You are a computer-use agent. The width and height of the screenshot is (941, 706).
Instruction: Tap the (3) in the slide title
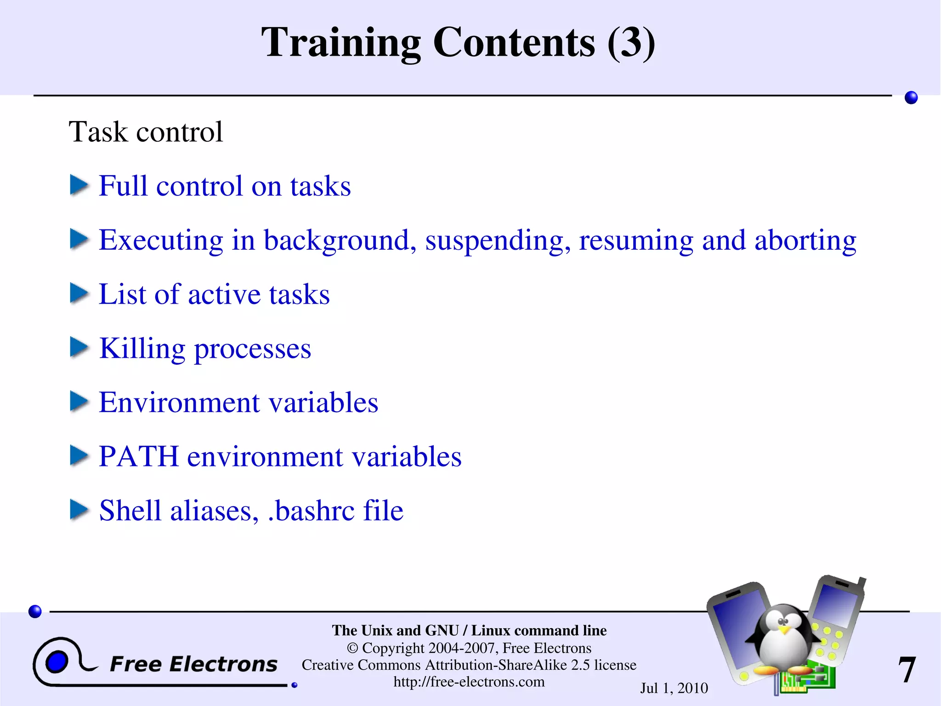tap(631, 43)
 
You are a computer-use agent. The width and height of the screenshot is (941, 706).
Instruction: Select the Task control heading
tap(146, 132)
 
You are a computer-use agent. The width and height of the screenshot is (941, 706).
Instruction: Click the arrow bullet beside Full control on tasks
tap(79, 185)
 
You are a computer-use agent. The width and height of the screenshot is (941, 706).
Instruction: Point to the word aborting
tap(805, 240)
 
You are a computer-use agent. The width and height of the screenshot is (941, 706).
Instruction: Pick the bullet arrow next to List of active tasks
tap(79, 293)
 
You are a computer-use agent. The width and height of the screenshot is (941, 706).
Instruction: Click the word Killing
tap(142, 349)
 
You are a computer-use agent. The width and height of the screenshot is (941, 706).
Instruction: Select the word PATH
tap(138, 457)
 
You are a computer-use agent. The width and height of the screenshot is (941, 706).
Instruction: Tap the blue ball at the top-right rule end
tap(911, 98)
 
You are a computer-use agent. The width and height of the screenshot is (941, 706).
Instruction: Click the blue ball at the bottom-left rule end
tap(35, 611)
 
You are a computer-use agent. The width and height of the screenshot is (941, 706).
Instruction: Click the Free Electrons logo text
tap(193, 664)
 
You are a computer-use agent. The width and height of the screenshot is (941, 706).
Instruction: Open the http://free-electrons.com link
tap(469, 682)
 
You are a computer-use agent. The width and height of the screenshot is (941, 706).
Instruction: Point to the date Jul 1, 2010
tap(674, 688)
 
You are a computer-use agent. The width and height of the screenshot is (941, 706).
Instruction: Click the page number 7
tap(907, 670)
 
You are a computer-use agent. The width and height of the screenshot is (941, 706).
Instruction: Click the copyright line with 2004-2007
tap(469, 648)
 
